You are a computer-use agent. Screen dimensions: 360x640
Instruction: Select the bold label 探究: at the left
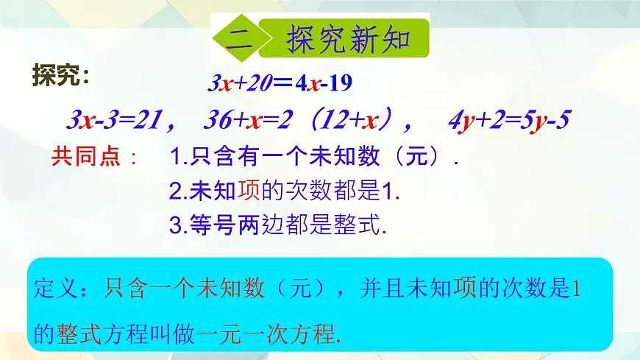click(62, 76)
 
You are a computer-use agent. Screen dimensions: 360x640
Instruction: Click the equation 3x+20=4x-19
click(280, 83)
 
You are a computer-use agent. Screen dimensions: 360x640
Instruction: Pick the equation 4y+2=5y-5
click(510, 119)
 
